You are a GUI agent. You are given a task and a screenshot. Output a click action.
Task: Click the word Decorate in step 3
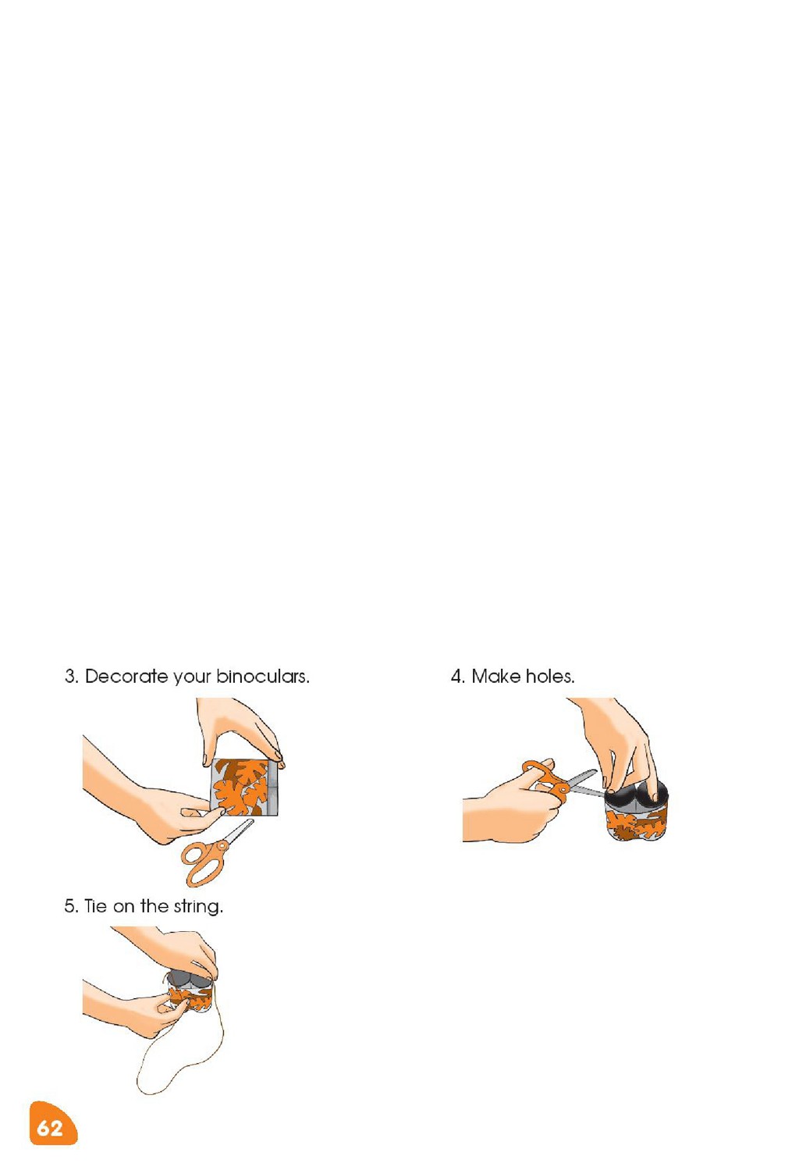point(126,677)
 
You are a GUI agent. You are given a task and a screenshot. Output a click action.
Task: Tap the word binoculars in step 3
point(263,677)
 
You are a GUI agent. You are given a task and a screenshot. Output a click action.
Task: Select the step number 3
point(72,677)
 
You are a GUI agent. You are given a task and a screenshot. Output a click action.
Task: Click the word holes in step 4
point(550,677)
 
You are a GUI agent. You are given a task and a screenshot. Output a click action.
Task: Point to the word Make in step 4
point(495,677)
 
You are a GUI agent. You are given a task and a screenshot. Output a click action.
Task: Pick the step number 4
point(457,677)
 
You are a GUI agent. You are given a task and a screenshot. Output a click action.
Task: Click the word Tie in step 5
point(95,906)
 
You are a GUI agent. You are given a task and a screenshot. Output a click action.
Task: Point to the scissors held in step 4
point(559,784)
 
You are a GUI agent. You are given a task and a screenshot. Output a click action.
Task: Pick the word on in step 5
point(124,908)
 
